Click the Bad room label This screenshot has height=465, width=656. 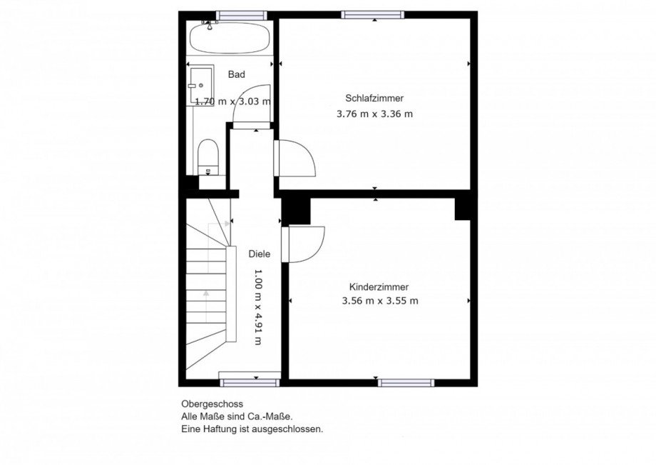(x=237, y=74)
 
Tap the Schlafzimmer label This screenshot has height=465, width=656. (x=374, y=98)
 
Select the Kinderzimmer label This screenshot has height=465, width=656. (x=379, y=287)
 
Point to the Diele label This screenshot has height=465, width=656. (x=260, y=254)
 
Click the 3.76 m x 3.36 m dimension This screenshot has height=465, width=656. (x=374, y=114)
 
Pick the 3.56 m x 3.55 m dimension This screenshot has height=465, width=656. (x=380, y=301)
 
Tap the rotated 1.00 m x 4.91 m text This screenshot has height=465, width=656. (x=258, y=306)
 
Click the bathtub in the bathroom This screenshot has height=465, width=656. (x=230, y=38)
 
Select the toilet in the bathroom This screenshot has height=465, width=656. (x=208, y=157)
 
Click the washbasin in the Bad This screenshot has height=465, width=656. (x=200, y=86)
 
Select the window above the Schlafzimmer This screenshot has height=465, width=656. (x=373, y=15)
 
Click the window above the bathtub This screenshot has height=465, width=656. (x=242, y=16)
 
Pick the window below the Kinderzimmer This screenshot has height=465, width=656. (x=406, y=382)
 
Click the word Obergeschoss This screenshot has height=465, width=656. (x=212, y=404)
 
